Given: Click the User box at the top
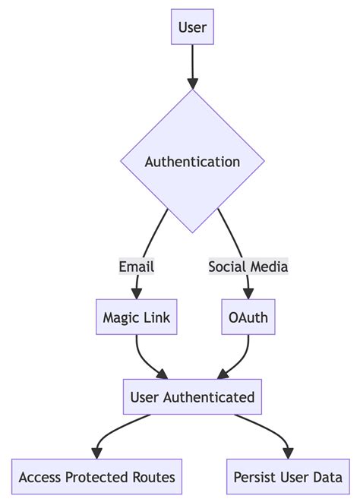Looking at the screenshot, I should pyautogui.click(x=192, y=29).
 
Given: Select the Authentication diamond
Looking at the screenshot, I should pyautogui.click(x=192, y=162).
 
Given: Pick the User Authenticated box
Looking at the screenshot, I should pyautogui.click(x=192, y=397).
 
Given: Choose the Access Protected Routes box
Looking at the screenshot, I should pyautogui.click(x=96, y=477).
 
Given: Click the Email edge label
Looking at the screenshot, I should pyautogui.click(x=137, y=267).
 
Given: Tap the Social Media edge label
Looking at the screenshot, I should pyautogui.click(x=248, y=267).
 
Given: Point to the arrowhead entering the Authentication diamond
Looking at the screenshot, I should pyautogui.click(x=192, y=83).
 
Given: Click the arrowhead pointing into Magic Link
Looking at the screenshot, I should pyautogui.click(x=137, y=295).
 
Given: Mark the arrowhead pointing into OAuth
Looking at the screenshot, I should pyautogui.click(x=248, y=295).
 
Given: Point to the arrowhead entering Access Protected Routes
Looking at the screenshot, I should pyautogui.click(x=96, y=453).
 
